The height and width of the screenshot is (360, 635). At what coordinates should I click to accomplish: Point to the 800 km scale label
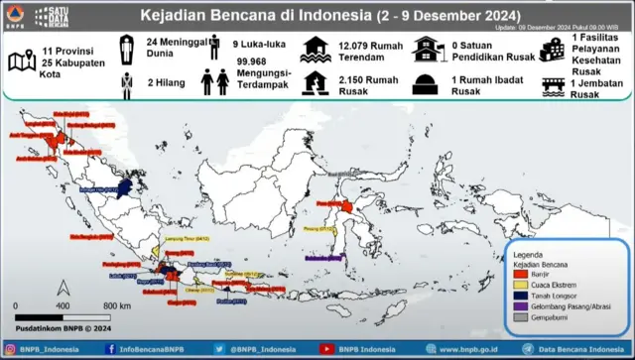coord(117,306)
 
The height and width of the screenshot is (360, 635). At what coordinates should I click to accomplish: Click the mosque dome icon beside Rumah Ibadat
coord(426,84)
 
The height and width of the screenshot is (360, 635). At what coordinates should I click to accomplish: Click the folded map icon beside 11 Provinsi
coord(20,60)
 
